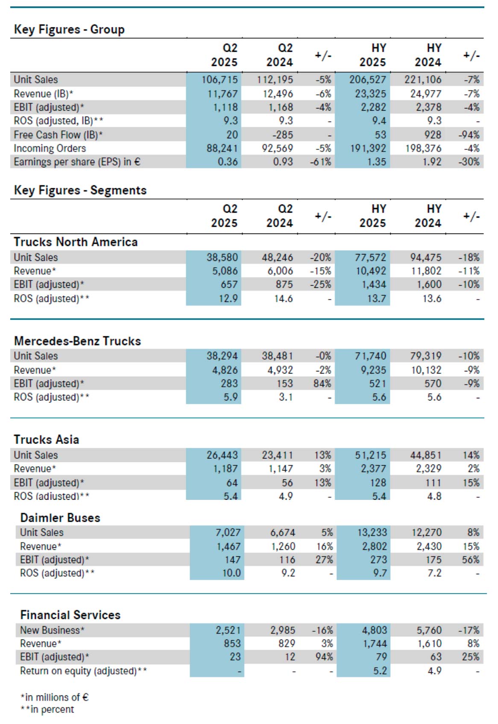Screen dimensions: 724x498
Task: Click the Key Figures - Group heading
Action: [69, 29]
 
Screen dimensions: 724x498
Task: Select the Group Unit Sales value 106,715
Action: [220, 80]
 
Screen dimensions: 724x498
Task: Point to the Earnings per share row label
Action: [77, 162]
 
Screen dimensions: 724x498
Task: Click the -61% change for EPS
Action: [321, 162]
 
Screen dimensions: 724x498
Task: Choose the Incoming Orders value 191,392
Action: [368, 148]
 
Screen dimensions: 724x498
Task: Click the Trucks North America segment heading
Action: [76, 242]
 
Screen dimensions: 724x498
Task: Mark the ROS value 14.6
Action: [283, 298]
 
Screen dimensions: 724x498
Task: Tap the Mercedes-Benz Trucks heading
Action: [77, 341]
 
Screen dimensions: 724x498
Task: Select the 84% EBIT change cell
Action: [322, 383]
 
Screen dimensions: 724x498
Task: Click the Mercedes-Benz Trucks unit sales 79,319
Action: [426, 356]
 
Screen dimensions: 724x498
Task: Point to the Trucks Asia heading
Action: [46, 440]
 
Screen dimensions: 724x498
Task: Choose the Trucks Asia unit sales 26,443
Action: [222, 455]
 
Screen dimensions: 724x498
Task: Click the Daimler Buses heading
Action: [60, 518]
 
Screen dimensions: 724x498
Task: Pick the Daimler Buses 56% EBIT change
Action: [470, 560]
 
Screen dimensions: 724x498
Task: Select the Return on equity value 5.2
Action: [380, 671]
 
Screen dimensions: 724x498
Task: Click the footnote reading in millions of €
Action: [55, 697]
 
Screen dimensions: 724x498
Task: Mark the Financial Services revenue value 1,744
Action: [375, 643]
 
